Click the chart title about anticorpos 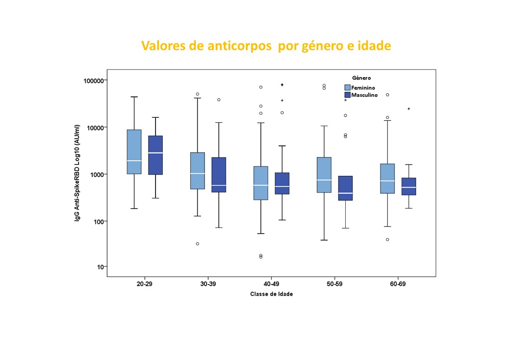point(266,46)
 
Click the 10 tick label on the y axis point(101,267)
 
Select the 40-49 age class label point(271,285)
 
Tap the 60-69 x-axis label point(398,285)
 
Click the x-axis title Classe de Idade point(271,295)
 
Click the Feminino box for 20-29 point(134,151)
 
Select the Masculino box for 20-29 point(156,155)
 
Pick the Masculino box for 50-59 point(345,188)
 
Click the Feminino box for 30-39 point(197,170)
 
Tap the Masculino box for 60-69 point(409,186)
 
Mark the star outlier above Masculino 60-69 point(409,109)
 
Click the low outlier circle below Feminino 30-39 point(197,244)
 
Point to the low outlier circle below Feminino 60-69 point(387,239)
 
